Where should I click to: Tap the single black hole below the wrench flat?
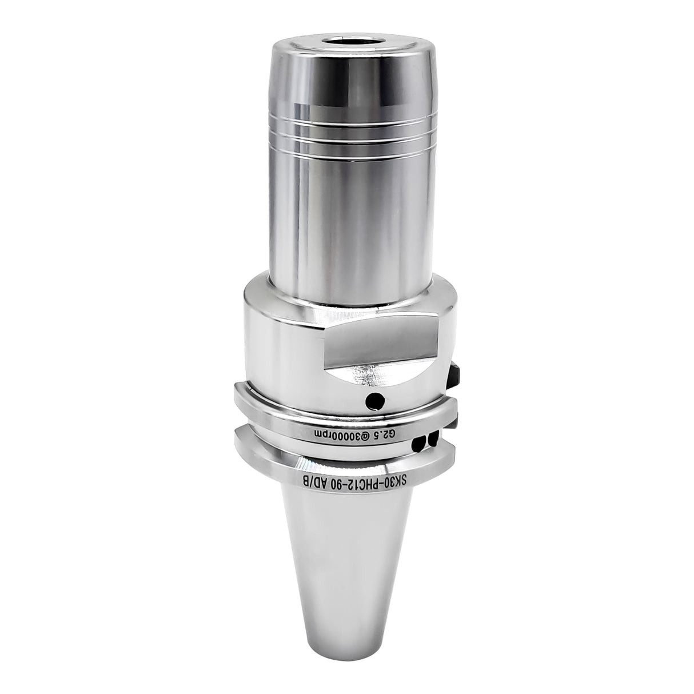coord(373,401)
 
